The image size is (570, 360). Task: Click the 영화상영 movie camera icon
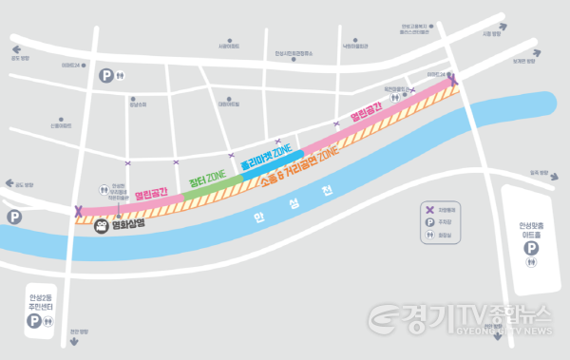pos(101,226)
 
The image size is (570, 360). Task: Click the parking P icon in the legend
pos(430,220)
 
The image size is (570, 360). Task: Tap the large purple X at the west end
pos(79,211)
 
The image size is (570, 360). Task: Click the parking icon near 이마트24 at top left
pos(107,75)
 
